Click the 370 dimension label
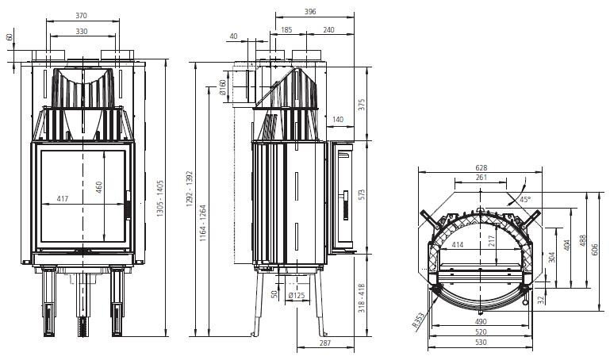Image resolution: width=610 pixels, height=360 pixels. click(x=82, y=16)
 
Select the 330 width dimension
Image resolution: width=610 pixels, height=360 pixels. click(x=82, y=32)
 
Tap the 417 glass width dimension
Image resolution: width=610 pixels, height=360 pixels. click(x=63, y=199)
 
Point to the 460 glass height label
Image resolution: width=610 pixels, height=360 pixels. click(x=99, y=187)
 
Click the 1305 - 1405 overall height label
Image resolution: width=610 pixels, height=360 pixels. click(x=160, y=198)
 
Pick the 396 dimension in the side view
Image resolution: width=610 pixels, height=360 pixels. click(x=310, y=12)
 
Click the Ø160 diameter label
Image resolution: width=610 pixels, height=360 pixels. click(x=223, y=87)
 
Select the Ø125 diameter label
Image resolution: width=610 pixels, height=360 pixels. click(x=297, y=296)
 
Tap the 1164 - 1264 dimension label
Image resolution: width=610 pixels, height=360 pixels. click(x=203, y=223)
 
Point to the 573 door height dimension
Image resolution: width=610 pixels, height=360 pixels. click(x=362, y=196)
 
